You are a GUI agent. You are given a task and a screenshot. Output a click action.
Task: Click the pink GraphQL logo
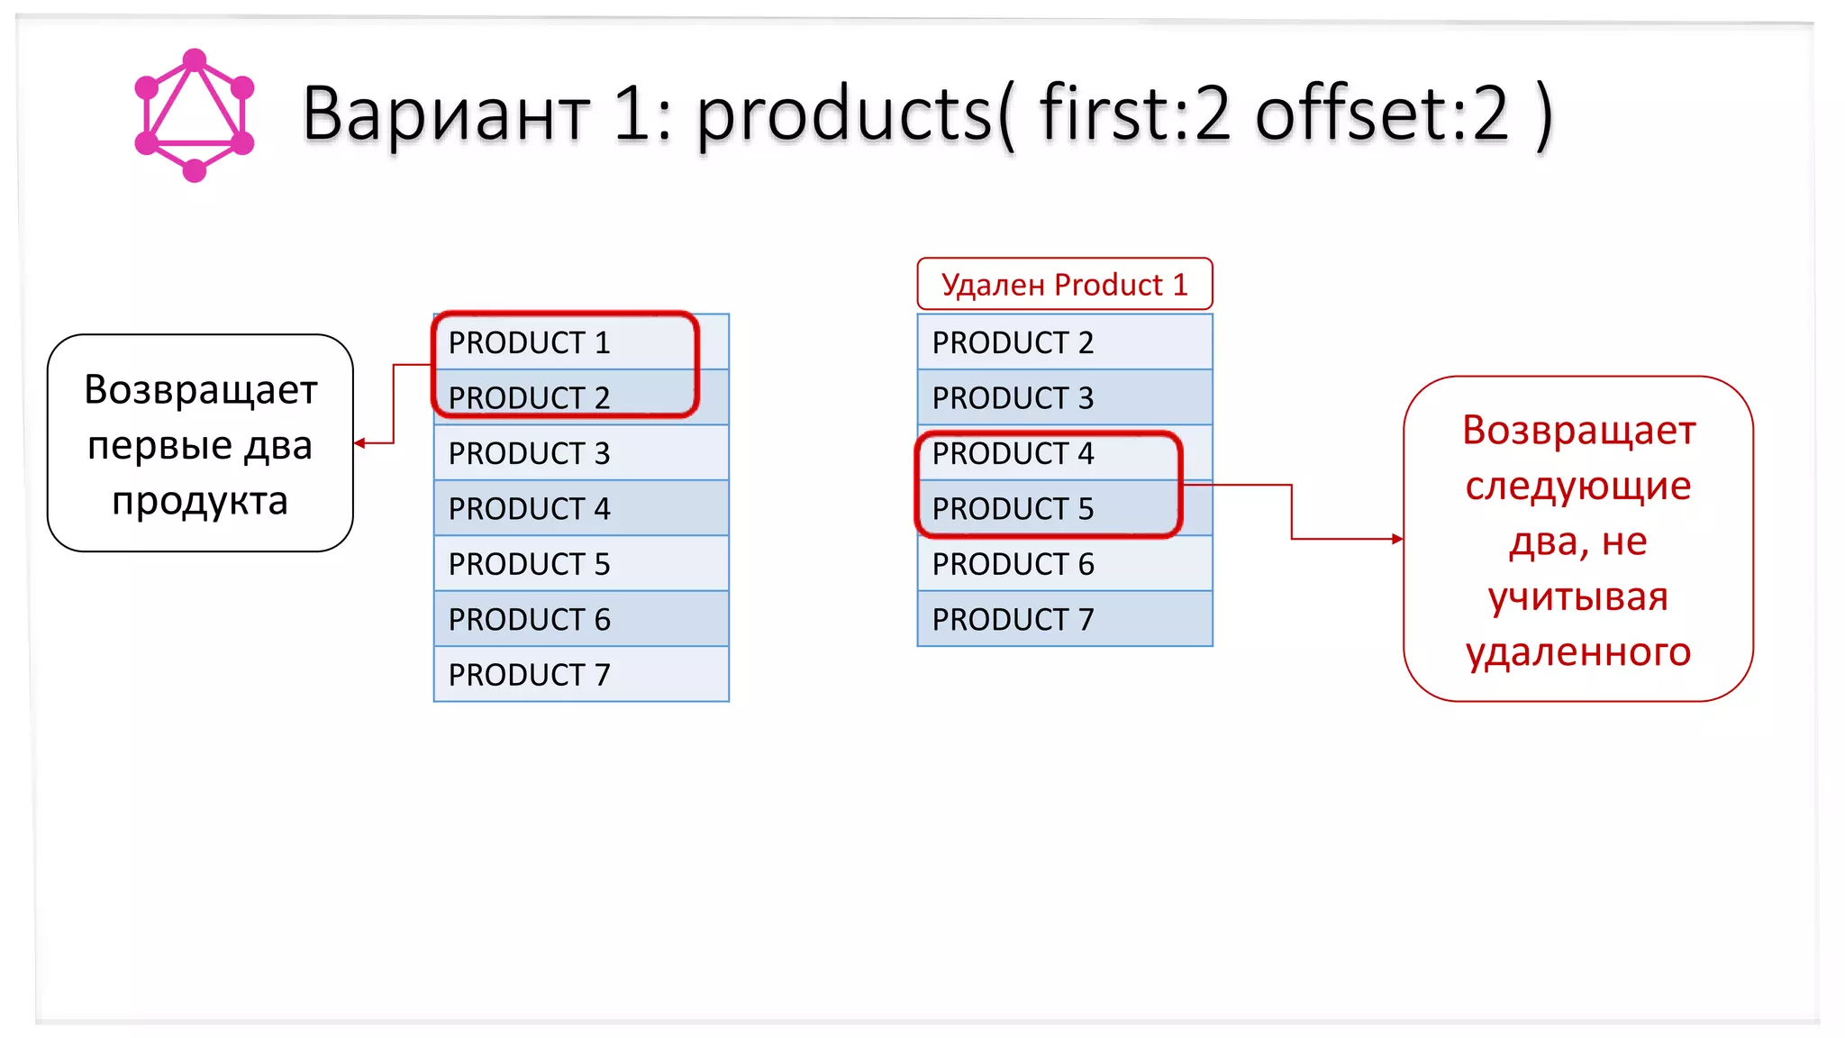pyautogui.click(x=195, y=115)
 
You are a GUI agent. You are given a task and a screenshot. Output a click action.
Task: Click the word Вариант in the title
pyautogui.click(x=445, y=115)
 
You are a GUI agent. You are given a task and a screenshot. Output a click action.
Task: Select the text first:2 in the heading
pyautogui.click(x=1134, y=114)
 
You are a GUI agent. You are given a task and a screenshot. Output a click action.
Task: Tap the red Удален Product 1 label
pyautogui.click(x=1064, y=285)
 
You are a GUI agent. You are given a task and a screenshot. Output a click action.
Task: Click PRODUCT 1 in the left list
pyautogui.click(x=530, y=343)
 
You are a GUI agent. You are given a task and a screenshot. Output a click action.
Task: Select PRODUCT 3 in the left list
pyautogui.click(x=530, y=453)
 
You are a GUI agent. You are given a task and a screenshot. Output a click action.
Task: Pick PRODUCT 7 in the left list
pyautogui.click(x=530, y=675)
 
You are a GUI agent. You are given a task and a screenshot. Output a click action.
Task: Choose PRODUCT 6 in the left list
pyautogui.click(x=530, y=620)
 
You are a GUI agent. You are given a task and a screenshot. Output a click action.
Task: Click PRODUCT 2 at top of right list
pyautogui.click(x=1013, y=343)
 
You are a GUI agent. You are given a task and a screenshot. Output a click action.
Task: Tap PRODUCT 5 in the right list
pyautogui.click(x=1013, y=509)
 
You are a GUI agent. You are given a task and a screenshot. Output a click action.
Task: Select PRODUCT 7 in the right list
pyautogui.click(x=1013, y=620)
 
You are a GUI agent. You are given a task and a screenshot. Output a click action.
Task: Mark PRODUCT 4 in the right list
pyautogui.click(x=1013, y=453)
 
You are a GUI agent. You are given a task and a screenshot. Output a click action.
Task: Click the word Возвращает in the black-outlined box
pyautogui.click(x=201, y=390)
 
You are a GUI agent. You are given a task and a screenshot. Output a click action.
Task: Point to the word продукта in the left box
pyautogui.click(x=200, y=501)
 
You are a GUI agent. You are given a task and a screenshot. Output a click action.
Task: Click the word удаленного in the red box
pyautogui.click(x=1578, y=652)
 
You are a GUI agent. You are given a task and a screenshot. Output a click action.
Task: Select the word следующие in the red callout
pyautogui.click(x=1578, y=487)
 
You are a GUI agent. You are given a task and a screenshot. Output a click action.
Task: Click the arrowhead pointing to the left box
pyautogui.click(x=359, y=443)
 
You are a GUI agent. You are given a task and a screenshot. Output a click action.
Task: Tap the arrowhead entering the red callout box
pyautogui.click(x=1397, y=539)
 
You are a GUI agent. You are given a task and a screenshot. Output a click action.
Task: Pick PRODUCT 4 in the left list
pyautogui.click(x=530, y=509)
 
